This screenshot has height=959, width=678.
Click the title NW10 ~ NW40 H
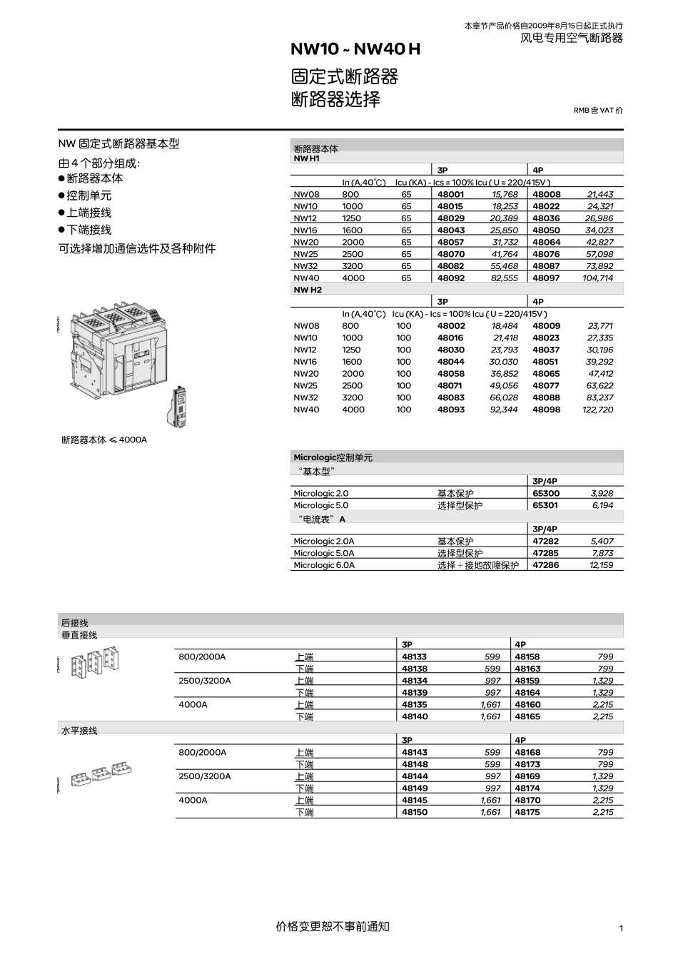coord(355,49)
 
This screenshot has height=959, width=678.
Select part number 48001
coord(450,194)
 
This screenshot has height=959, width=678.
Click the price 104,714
coord(597,278)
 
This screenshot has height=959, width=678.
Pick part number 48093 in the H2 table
coord(450,410)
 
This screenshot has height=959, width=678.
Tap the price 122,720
coord(597,410)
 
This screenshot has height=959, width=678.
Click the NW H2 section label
coord(308,290)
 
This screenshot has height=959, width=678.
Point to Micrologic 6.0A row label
coord(323,565)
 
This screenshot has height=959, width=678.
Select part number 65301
coord(546,505)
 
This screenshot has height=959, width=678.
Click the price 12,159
coord(601,565)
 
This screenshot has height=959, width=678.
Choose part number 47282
coord(546,541)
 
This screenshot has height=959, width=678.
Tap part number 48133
coord(415,656)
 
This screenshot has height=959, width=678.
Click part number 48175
coord(527,812)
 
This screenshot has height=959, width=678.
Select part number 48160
coord(527,704)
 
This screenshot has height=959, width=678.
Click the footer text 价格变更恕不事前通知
coord(333,926)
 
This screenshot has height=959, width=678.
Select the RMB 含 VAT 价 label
coord(598,111)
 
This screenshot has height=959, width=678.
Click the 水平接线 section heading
coord(79,731)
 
